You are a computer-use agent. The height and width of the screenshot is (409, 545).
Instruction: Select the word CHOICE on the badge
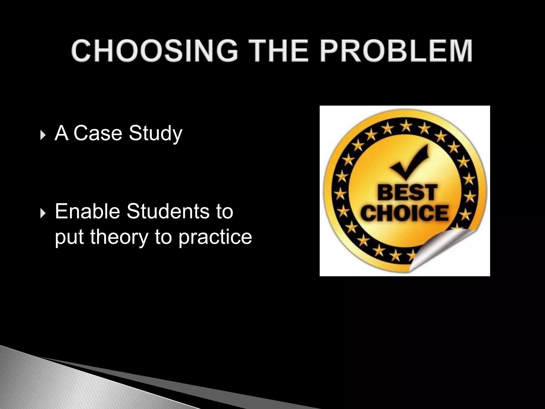[406, 213]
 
